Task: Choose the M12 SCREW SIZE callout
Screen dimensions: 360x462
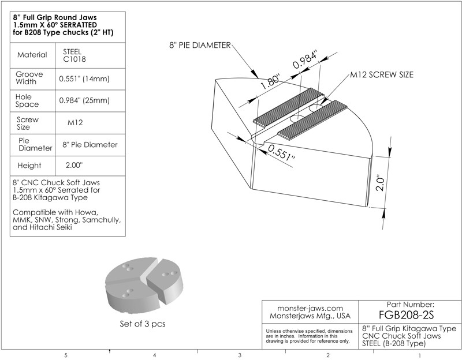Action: (382, 76)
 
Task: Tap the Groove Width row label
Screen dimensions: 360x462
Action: (27, 78)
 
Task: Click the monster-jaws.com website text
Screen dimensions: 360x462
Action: (310, 308)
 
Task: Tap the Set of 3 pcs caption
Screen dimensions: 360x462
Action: (142, 324)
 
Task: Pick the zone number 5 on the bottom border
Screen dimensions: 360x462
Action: (66, 355)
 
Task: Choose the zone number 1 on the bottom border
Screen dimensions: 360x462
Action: (419, 355)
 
